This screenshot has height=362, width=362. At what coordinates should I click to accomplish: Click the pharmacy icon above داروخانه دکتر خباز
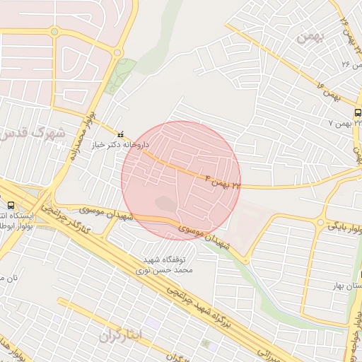coord(119,134)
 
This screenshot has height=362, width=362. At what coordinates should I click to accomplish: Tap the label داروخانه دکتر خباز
coord(122,144)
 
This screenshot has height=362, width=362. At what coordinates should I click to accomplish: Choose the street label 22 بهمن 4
coord(221,179)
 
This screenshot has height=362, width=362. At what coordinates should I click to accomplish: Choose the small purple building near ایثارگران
coord(156,322)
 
